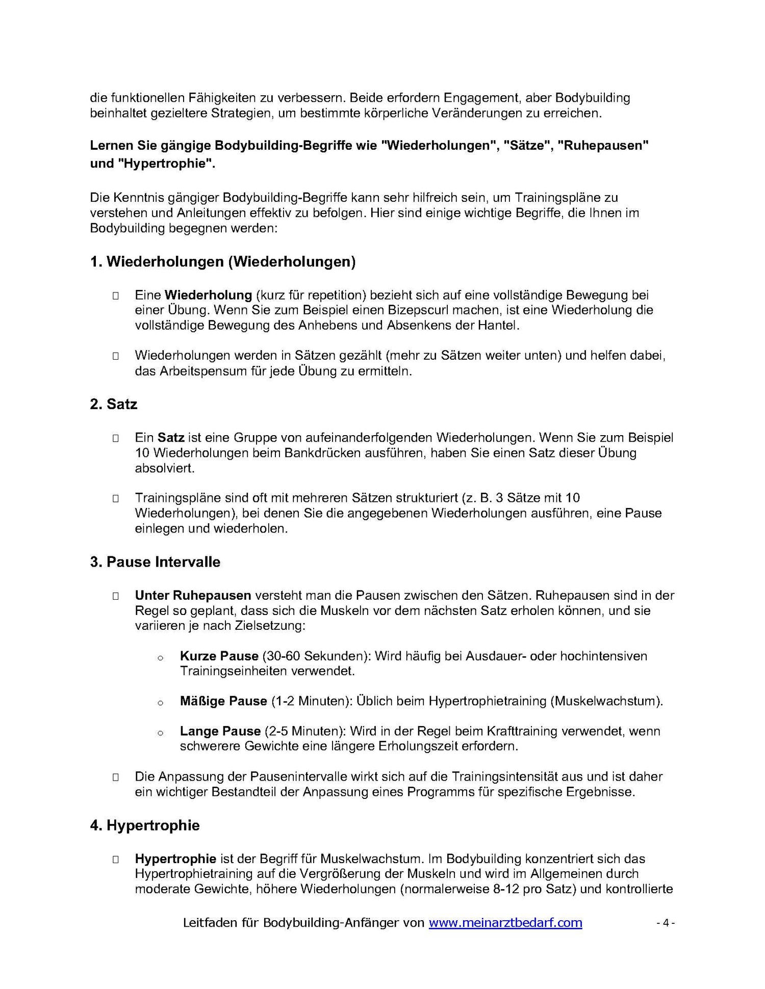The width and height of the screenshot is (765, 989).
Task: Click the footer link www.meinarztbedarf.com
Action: pos(505,923)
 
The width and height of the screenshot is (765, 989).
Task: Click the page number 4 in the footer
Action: pos(665,923)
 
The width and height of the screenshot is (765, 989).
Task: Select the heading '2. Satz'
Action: pos(114,404)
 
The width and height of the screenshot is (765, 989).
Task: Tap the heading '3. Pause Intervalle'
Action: pos(155,562)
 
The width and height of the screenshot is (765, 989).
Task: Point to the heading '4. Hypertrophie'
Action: pos(145,825)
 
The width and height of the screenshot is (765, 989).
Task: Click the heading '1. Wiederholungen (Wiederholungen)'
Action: pos(223,262)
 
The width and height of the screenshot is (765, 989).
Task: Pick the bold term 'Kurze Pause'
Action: pos(219,656)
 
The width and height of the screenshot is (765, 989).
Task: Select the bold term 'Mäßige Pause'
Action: pos(223,701)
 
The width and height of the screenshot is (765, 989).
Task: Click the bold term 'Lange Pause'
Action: pos(220,731)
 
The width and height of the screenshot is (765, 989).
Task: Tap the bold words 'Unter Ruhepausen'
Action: pos(193,595)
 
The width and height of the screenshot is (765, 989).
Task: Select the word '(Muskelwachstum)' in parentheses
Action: pos(606,701)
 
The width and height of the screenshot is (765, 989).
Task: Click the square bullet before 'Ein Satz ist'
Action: pos(116,438)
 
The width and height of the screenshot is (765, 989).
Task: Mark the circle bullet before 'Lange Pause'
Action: pos(160,733)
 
